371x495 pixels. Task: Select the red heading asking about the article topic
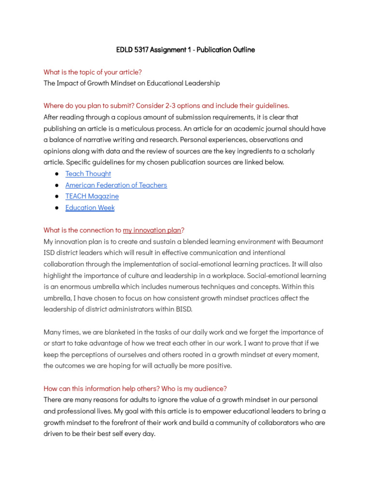tap(93, 72)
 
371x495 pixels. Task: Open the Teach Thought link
tap(88, 174)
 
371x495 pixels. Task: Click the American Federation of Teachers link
tap(116, 185)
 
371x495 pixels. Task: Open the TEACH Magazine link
tap(92, 196)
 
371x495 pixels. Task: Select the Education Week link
tap(90, 208)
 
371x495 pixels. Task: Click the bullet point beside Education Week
tap(57, 208)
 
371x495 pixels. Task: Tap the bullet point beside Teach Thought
tap(57, 174)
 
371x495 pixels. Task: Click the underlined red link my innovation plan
tap(152, 230)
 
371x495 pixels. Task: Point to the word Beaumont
tap(307, 241)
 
